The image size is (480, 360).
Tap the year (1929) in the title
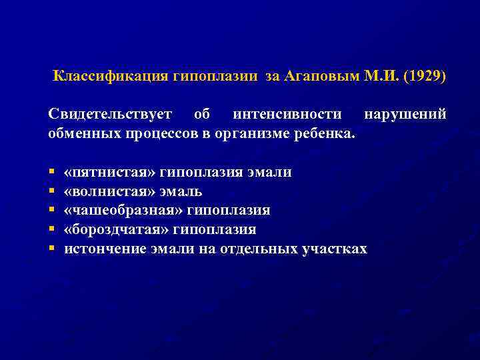pyautogui.click(x=425, y=75)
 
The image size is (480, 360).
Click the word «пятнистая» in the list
pyautogui.click(x=113, y=173)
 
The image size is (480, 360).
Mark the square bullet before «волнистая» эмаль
pyautogui.click(x=51, y=192)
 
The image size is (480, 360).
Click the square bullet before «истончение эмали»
pyautogui.click(x=51, y=249)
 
